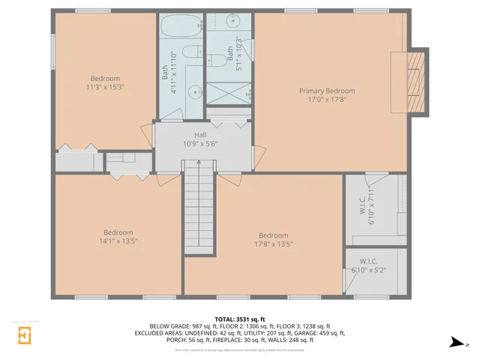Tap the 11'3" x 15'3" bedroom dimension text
(x=104, y=87)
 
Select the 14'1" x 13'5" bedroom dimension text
(x=118, y=241)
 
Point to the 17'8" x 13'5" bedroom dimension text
(x=273, y=244)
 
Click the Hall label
(x=200, y=135)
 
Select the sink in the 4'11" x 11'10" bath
(x=194, y=92)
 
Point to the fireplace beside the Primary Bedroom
(x=415, y=82)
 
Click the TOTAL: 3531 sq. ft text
(x=239, y=318)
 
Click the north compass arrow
(x=457, y=343)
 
